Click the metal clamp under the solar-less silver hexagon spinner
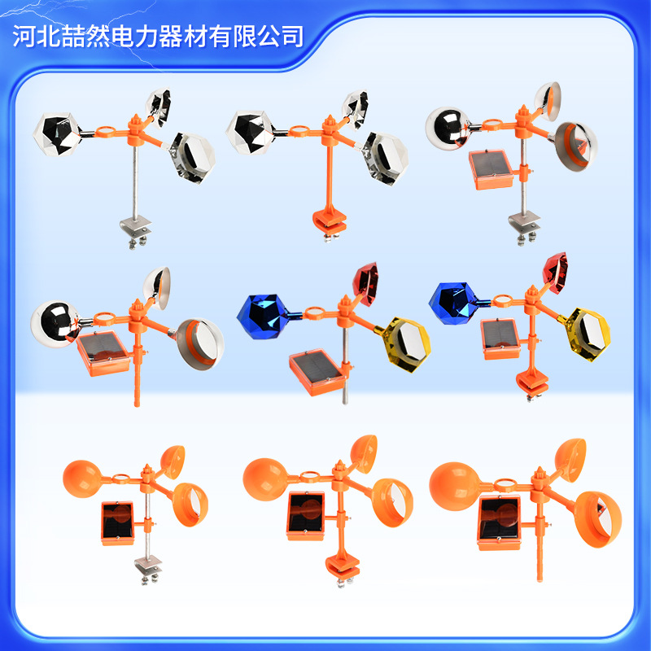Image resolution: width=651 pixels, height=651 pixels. pos(134,231)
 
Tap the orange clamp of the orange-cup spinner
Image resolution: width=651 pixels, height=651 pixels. pos(342,567)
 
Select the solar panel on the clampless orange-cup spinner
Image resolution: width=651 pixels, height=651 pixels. pos(500,522)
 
